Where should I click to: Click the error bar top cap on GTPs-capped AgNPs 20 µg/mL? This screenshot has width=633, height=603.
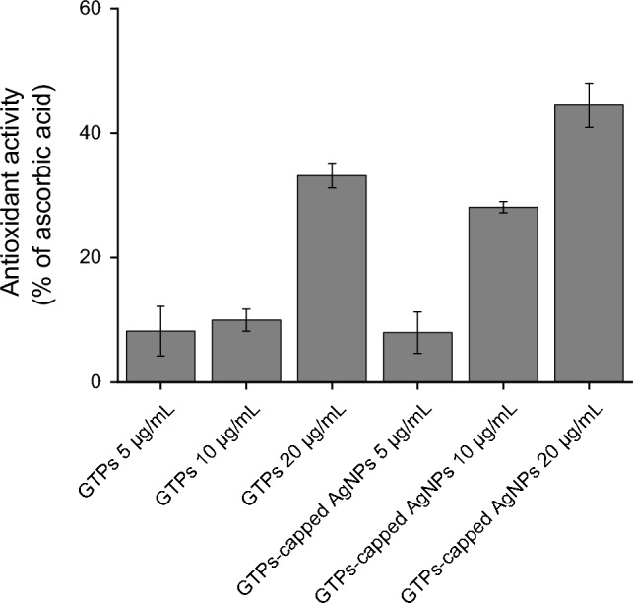tap(589, 84)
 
